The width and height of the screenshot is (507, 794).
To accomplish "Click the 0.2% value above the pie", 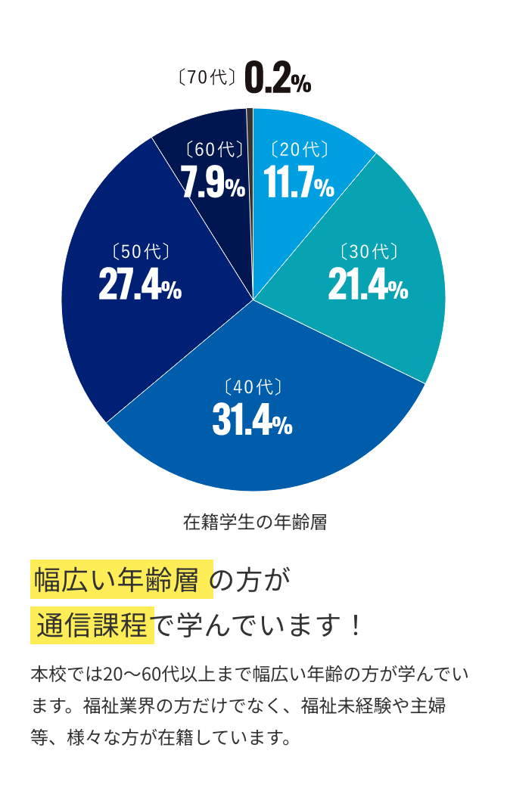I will pos(278,79).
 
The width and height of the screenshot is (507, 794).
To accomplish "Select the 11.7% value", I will pos(299,184).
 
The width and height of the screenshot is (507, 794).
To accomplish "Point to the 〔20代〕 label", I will pos(300,150).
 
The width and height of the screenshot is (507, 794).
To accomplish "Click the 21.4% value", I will pos(368,286).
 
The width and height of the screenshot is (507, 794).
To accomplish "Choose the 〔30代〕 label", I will pos(369,252).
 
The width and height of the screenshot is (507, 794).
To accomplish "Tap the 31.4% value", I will pos(252,421).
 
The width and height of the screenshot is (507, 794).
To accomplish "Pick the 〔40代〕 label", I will pos(253,387).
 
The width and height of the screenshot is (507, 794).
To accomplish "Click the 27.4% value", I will pos(140,286).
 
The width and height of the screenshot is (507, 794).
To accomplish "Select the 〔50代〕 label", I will pos(140,252).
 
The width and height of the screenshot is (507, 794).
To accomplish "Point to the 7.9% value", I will pos(213,184).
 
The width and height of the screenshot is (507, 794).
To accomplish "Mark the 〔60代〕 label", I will pos(214,150).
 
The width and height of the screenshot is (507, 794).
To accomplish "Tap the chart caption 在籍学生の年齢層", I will pos(255,523).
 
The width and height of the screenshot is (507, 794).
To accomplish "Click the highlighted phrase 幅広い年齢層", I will pos(121,581).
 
